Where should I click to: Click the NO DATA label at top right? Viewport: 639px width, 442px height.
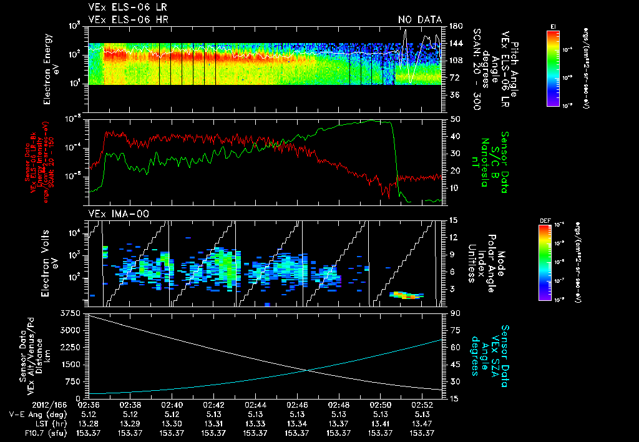point(419,20)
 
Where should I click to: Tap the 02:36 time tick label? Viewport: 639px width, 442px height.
point(89,405)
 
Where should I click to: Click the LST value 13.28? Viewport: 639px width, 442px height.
point(89,423)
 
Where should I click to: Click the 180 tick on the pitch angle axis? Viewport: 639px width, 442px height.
point(455,26)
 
